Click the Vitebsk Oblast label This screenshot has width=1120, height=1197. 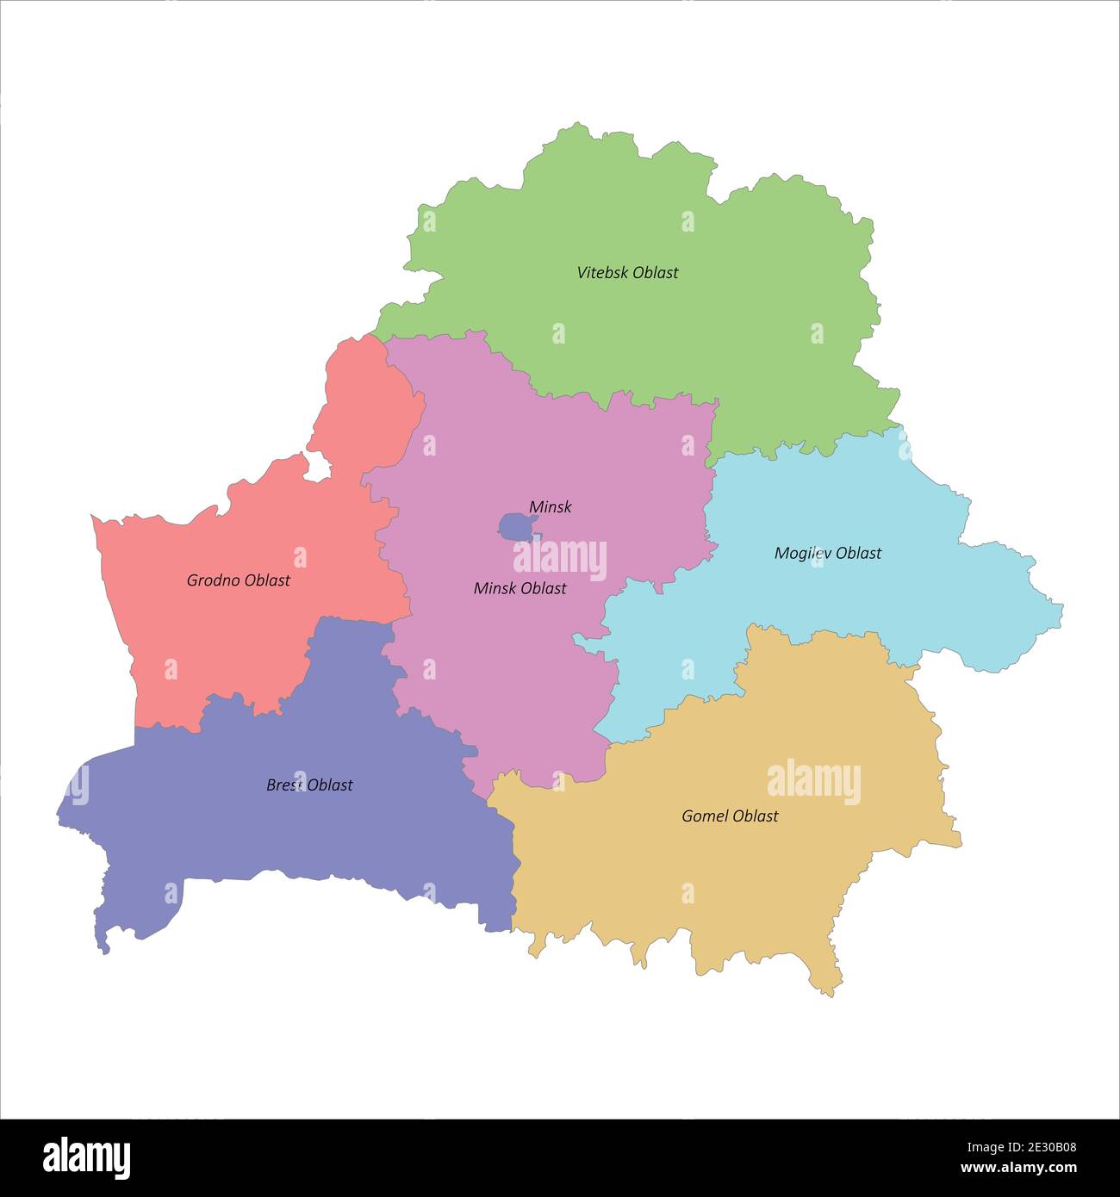(x=627, y=273)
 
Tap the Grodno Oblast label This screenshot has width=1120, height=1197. (x=239, y=580)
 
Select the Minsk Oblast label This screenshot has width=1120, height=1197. (x=520, y=588)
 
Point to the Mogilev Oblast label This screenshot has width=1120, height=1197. (x=828, y=553)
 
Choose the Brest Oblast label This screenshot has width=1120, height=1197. (x=309, y=785)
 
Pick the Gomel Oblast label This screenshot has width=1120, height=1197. (x=730, y=816)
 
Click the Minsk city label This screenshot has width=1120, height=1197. (x=551, y=507)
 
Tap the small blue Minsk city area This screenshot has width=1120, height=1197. (x=515, y=527)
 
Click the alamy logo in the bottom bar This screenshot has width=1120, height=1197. (x=87, y=1157)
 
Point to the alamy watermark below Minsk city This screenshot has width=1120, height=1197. (x=560, y=559)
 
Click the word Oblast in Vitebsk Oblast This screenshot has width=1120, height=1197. (x=655, y=273)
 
